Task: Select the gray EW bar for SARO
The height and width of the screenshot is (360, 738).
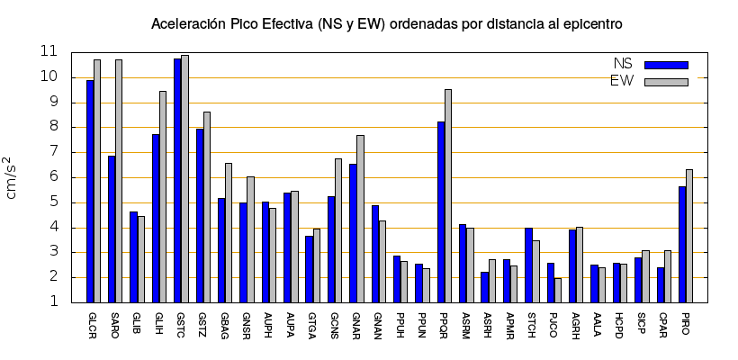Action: tap(119, 180)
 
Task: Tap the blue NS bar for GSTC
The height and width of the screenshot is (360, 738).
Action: tap(177, 180)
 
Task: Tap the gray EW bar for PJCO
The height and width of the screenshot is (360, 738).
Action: tap(558, 290)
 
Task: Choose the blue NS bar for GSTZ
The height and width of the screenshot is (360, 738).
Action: tap(200, 215)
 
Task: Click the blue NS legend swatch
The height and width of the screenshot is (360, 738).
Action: tap(666, 65)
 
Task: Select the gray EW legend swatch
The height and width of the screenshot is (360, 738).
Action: tap(666, 82)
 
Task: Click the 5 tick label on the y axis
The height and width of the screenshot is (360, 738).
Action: tap(54, 202)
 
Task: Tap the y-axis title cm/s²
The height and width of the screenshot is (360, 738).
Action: tap(14, 176)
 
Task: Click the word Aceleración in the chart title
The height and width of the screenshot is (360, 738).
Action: tap(188, 22)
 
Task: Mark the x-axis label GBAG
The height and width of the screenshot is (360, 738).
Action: tap(222, 324)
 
